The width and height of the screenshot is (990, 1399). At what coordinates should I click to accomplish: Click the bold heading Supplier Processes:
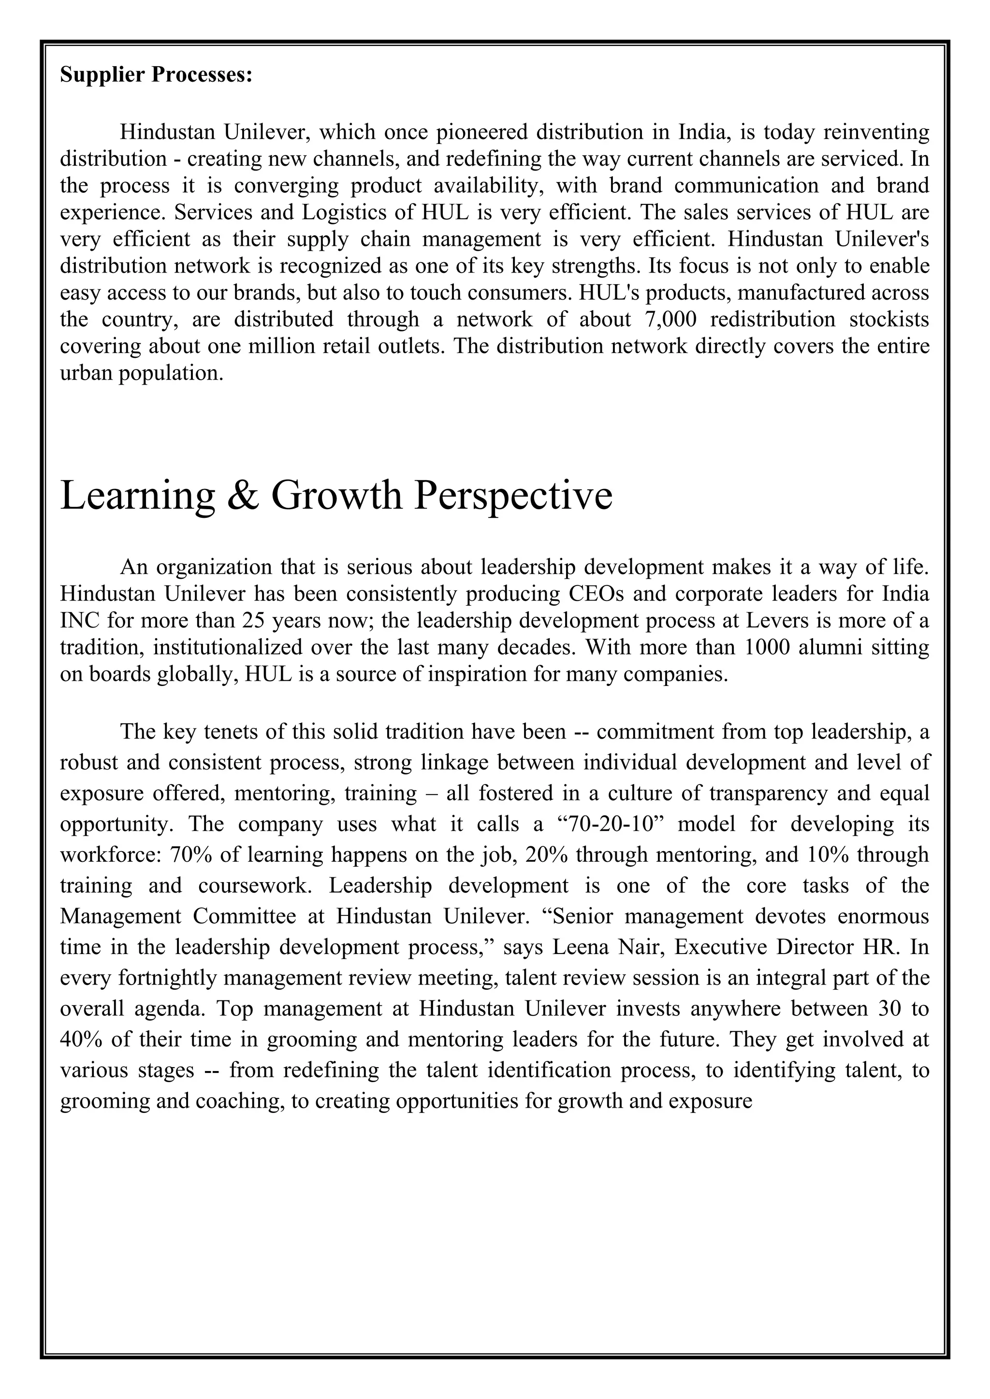pyautogui.click(x=156, y=75)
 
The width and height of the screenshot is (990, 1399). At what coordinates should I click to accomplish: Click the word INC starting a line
pyautogui.click(x=80, y=620)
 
